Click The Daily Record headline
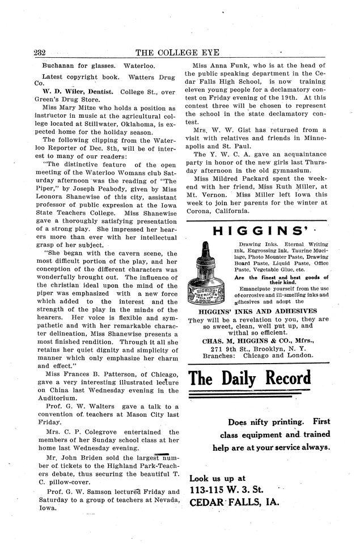250,378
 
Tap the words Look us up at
218,477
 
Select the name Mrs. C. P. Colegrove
74,432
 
